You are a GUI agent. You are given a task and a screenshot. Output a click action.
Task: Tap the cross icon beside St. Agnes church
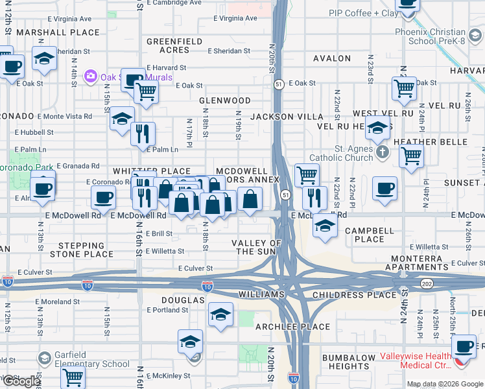pos(383,153)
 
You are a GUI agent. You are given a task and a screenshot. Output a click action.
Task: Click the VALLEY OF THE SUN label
pos(257,247)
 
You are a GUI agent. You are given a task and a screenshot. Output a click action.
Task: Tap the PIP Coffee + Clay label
pos(363,13)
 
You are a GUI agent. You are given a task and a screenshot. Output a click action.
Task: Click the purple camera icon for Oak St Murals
pos(91,77)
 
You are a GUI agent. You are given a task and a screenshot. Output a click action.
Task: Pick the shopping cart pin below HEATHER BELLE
pos(411,156)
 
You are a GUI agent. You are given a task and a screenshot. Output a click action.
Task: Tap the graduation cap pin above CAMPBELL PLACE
pos(325,226)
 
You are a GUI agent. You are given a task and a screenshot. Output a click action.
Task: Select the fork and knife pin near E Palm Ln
pos(142,134)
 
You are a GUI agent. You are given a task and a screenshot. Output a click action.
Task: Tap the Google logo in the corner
pos(21,381)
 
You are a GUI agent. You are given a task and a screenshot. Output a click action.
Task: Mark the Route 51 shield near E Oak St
pos(278,84)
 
